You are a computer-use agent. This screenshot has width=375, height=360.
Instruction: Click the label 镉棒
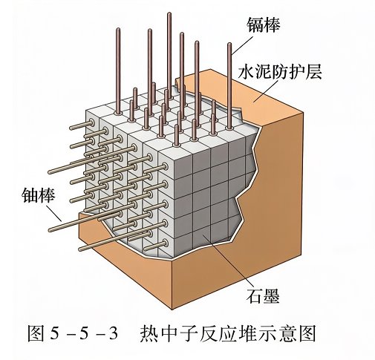tap(263, 24)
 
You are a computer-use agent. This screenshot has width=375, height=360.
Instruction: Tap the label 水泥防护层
tap(280, 72)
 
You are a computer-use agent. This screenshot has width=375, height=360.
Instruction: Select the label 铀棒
tap(39, 195)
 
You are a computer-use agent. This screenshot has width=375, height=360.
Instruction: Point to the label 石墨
tap(263, 295)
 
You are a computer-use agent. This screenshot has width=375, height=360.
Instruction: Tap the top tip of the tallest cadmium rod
tap(169, 13)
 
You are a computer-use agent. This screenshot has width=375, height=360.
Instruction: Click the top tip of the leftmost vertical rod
tap(118, 29)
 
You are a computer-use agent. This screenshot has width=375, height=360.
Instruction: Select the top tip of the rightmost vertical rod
tap(229, 44)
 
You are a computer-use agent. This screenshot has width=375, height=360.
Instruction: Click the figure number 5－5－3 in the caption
tap(84, 333)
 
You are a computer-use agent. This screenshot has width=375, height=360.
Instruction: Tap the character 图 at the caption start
tap(36, 333)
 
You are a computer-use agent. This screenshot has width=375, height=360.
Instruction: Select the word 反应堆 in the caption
tap(228, 333)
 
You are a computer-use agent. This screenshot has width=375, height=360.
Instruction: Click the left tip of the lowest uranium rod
tap(80, 249)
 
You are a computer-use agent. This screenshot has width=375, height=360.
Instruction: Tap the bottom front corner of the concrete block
tap(172, 310)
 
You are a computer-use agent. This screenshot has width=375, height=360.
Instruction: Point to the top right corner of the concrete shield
tap(303, 113)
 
